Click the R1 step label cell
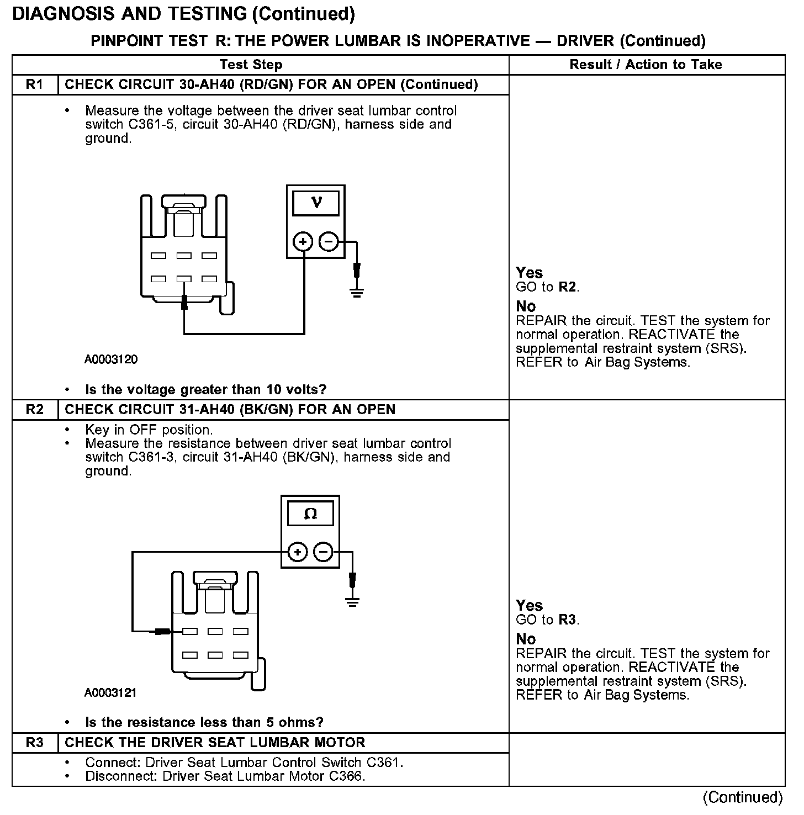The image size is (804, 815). (x=34, y=84)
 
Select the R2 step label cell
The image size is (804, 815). (x=34, y=410)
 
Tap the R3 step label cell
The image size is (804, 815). (x=34, y=743)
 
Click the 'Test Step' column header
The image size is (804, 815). (x=251, y=65)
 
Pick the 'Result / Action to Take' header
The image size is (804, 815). (x=646, y=65)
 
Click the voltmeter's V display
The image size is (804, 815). (x=316, y=203)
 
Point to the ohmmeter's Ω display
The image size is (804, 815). (x=310, y=515)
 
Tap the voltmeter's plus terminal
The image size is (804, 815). (x=303, y=242)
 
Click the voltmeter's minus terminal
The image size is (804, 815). (x=329, y=242)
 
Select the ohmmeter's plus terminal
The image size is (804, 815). (x=297, y=552)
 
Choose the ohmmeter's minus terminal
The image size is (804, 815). (x=323, y=552)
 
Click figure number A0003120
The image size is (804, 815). (x=111, y=359)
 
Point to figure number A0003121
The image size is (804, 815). (x=110, y=692)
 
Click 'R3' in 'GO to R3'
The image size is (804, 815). (x=569, y=620)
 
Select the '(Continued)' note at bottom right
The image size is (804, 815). (x=743, y=797)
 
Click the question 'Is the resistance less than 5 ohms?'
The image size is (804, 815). (x=204, y=722)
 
